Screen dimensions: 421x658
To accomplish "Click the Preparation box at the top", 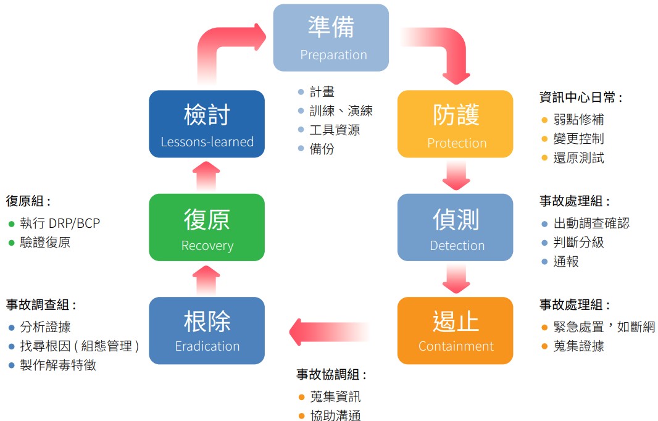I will pos(331,38).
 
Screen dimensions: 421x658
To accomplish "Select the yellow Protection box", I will pos(455,123).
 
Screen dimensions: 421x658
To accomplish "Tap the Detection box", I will pos(455,227).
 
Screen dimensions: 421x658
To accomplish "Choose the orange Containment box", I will pos(455,330).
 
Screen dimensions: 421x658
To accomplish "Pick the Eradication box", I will pos(207,330).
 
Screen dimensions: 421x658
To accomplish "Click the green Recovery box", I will pos(207,227).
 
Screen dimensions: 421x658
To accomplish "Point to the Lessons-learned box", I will pos(207,123).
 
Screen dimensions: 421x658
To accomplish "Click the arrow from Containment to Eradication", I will pos(327,332).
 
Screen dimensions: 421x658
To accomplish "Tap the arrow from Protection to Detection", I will pos(456,176).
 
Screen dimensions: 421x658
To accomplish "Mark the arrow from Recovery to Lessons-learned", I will pos(207,176).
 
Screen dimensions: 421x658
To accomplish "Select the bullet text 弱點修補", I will pos(578,120).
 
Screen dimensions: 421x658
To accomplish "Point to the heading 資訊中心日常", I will pos(580,98).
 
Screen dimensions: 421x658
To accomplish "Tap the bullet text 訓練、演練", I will pos(341,111).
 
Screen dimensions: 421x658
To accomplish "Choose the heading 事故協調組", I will pos(331,375).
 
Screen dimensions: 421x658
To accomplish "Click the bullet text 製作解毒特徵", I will pos(58,365).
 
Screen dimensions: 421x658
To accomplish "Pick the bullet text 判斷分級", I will pos(578,243).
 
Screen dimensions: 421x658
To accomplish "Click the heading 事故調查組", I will pos(41,305).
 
